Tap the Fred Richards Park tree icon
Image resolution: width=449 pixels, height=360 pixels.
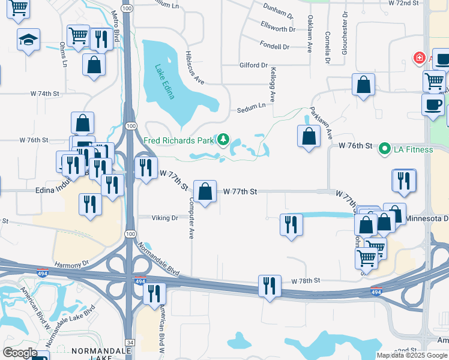(x=223, y=140)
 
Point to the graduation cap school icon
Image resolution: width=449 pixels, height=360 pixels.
(x=28, y=40)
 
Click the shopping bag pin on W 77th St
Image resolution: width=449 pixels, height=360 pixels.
(x=205, y=192)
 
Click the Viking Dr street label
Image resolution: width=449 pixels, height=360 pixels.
(x=166, y=218)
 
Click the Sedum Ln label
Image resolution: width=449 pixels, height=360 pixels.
(x=250, y=106)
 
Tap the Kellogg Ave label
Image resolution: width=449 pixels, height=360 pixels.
(x=273, y=84)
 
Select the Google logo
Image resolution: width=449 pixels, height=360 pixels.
(x=20, y=353)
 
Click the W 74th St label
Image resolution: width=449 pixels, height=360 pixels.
(x=46, y=94)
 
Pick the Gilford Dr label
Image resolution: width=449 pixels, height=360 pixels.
(x=253, y=65)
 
